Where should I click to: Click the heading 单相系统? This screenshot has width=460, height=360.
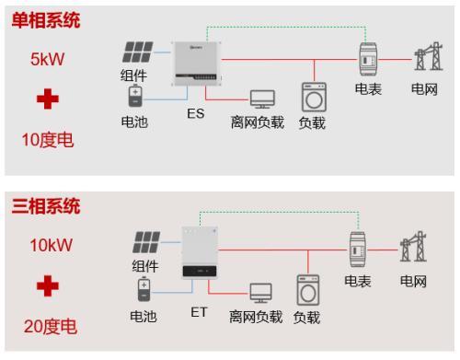(45, 20)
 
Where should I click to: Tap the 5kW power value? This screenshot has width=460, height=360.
(45, 60)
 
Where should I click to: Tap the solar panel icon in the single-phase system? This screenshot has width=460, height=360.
(140, 53)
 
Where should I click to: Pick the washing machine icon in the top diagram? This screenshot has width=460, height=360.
(313, 99)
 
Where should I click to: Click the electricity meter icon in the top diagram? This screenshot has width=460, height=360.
(367, 60)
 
